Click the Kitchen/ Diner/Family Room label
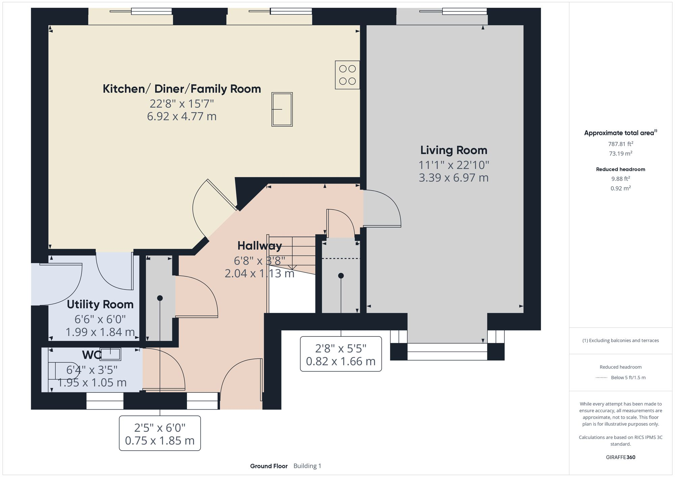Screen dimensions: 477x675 [x=182, y=89]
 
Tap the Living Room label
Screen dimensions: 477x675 [x=453, y=150]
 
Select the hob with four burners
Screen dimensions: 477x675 [x=347, y=75]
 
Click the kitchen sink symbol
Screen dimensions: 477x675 [x=282, y=110]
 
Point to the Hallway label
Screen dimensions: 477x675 [x=259, y=246]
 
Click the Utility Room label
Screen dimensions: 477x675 [x=100, y=304]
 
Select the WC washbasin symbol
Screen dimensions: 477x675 [x=110, y=354]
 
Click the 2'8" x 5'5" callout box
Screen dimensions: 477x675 [x=341, y=354]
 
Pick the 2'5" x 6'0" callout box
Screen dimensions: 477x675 [x=160, y=434]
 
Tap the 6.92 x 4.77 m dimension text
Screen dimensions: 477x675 [x=182, y=116]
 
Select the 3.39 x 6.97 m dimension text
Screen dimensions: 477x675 [x=453, y=178]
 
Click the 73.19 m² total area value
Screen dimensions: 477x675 [x=620, y=154]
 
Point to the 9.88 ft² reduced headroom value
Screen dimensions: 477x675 [x=620, y=179]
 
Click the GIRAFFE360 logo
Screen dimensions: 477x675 [x=620, y=457]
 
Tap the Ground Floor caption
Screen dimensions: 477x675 [x=269, y=466]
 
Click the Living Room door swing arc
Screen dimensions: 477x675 [x=388, y=206]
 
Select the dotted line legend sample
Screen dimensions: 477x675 [x=602, y=378]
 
